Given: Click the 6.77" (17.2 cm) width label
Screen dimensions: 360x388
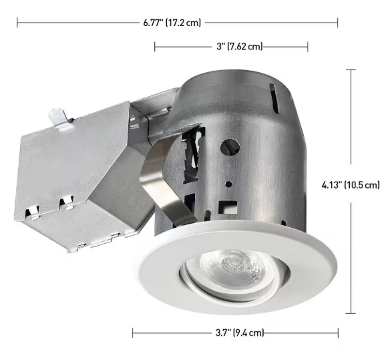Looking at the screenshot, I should click(172, 23).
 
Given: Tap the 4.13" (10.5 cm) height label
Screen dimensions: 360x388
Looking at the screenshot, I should click(351, 184).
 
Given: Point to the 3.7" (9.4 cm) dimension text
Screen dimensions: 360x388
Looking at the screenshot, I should click(240, 332).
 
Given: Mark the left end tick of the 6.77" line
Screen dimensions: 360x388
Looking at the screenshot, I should click(17, 23).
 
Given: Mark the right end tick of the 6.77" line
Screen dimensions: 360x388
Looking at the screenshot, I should click(337, 23).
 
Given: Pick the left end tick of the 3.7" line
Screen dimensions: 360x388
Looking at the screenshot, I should click(133, 332).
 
